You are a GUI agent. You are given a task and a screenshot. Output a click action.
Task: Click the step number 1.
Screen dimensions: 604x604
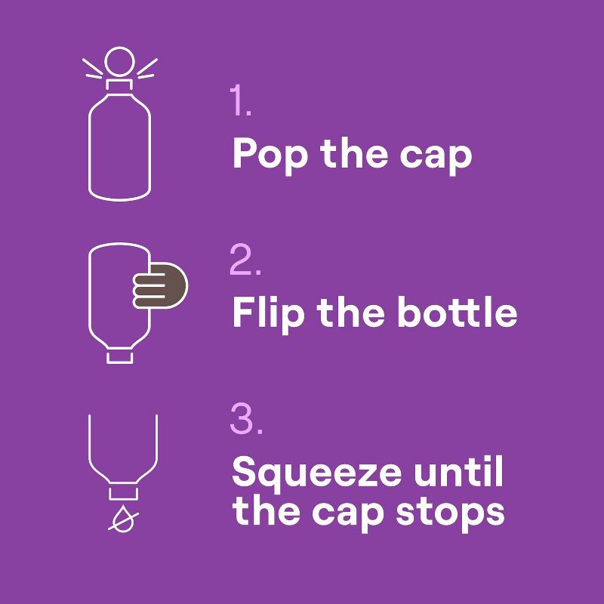(240, 100)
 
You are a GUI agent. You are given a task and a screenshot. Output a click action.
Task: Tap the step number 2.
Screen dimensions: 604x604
(245, 259)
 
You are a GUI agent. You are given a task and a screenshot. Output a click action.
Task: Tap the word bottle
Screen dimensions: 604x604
(458, 312)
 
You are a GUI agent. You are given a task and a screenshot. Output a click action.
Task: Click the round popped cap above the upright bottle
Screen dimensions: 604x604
(119, 62)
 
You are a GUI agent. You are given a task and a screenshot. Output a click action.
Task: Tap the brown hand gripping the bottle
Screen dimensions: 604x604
(160, 285)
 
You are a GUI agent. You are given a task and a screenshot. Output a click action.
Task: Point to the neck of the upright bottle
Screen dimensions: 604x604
(119, 85)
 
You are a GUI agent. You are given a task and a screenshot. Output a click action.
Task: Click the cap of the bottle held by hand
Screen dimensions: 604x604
(120, 357)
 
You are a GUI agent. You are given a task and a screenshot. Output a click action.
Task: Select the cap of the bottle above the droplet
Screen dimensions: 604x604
(123, 494)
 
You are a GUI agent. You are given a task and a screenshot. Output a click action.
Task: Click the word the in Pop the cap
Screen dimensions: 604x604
(353, 153)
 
